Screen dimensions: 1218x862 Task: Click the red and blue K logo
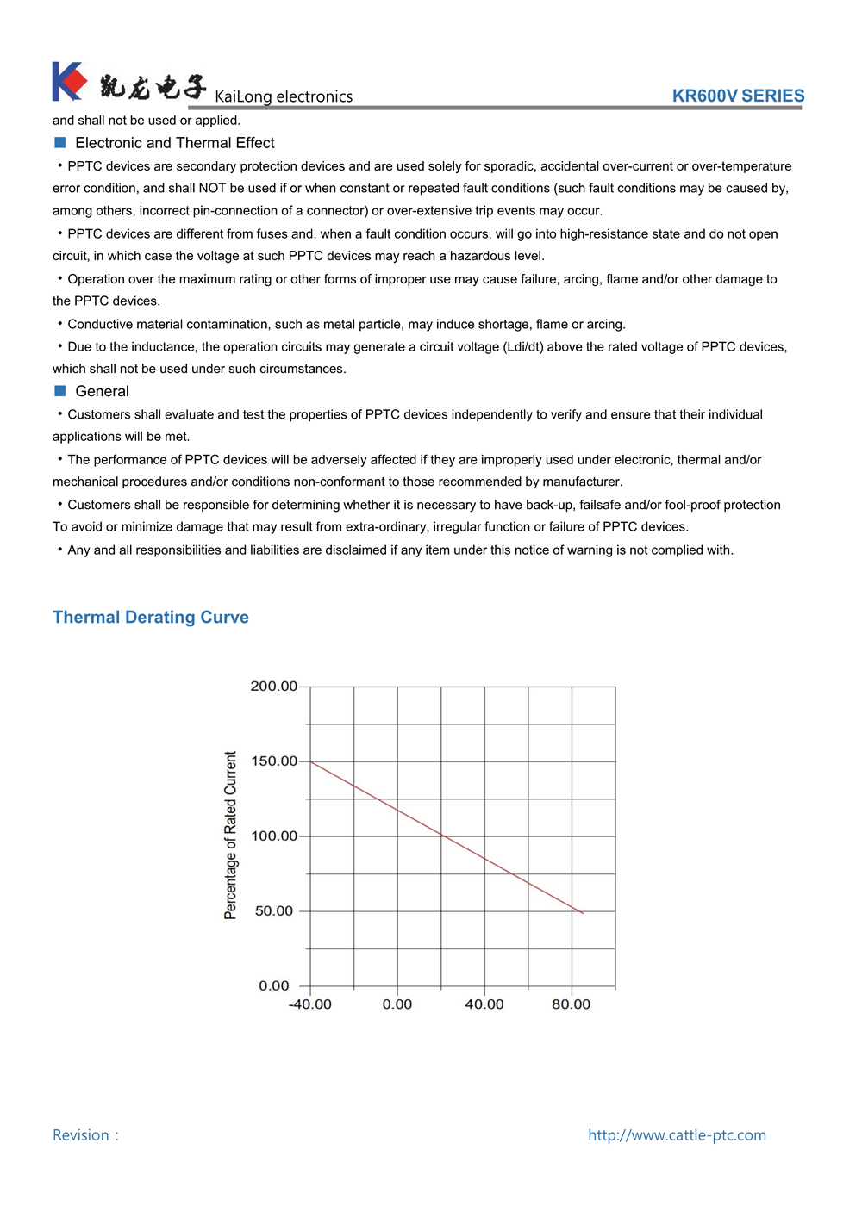click(x=69, y=81)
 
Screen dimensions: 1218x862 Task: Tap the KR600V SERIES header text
click(x=738, y=96)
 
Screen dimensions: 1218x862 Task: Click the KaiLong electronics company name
click(x=284, y=96)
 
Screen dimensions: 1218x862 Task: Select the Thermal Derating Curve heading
click(x=151, y=617)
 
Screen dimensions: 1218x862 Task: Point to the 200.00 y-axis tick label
click(x=273, y=687)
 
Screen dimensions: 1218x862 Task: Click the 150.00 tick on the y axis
click(x=273, y=761)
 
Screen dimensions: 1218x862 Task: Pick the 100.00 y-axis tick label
click(x=273, y=836)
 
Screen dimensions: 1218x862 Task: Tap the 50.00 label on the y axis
click(x=274, y=911)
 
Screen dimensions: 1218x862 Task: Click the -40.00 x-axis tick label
click(x=309, y=1004)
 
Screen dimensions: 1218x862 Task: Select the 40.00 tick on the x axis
click(x=484, y=1004)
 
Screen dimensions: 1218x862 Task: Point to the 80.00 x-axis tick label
click(x=572, y=1004)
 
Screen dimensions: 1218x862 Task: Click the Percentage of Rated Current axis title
click(x=230, y=836)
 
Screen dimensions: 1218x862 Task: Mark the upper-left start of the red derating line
click(x=311, y=762)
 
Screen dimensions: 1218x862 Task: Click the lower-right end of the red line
click(x=583, y=912)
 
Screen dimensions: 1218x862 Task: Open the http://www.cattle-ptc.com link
click(x=677, y=1135)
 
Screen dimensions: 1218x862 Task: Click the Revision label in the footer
click(x=82, y=1135)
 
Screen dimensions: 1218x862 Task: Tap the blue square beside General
click(x=60, y=391)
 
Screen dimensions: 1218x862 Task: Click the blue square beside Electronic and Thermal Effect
click(x=60, y=143)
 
